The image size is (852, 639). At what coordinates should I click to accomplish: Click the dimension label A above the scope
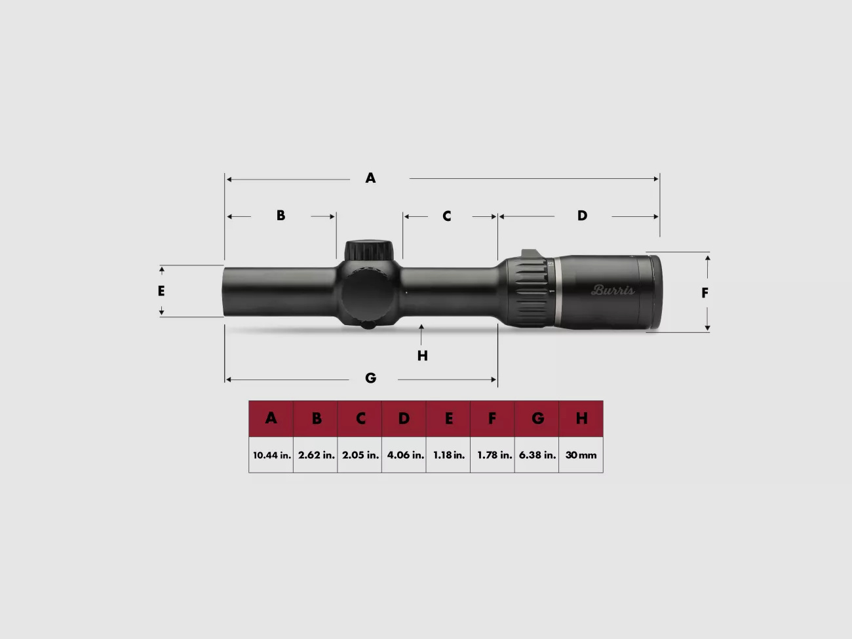370,178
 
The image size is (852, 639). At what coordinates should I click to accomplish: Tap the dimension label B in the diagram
281,216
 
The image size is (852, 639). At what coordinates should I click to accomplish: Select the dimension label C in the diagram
446,216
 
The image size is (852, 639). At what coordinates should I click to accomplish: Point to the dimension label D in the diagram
582,216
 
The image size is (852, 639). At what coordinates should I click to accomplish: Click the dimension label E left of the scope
161,291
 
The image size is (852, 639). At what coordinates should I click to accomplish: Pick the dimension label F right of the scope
705,293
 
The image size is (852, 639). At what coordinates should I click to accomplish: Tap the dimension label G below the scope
370,378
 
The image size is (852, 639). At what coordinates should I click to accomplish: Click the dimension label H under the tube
423,356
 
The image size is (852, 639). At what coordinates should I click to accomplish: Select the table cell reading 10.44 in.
271,455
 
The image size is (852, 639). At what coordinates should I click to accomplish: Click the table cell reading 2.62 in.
316,455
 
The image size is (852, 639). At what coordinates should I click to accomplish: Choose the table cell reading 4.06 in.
404,455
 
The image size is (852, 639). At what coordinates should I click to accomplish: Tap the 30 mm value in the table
581,455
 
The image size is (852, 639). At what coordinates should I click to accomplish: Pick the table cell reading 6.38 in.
537,455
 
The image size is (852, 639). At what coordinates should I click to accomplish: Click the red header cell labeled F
492,419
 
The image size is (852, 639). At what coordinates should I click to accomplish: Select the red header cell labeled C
360,419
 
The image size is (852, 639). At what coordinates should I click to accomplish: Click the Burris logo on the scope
613,290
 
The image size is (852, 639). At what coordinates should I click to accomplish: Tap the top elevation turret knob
370,250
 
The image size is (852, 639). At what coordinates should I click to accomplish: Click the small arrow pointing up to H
421,330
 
